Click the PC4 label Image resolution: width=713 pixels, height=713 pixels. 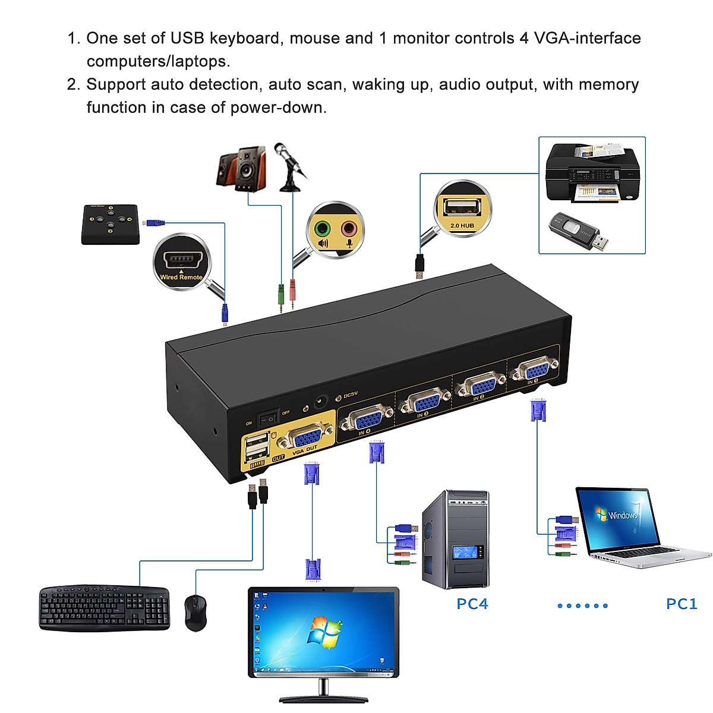point(472,604)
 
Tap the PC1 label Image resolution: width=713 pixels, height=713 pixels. point(681,604)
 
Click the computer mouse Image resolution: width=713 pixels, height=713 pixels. point(195,612)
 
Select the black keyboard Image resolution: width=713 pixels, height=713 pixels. point(105,608)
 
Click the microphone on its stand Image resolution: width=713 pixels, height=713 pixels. point(289,166)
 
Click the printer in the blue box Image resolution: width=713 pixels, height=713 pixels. point(592,172)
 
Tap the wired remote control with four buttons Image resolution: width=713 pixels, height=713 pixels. point(111,224)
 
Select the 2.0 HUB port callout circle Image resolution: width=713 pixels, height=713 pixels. point(462,210)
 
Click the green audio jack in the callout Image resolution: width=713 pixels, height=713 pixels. point(322,229)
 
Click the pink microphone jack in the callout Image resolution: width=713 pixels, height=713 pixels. point(349,229)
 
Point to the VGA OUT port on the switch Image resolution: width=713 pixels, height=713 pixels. point(306,438)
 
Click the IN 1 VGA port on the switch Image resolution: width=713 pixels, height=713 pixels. point(534,370)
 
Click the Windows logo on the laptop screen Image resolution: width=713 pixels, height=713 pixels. point(601,514)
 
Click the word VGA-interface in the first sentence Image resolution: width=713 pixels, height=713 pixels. point(587,38)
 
